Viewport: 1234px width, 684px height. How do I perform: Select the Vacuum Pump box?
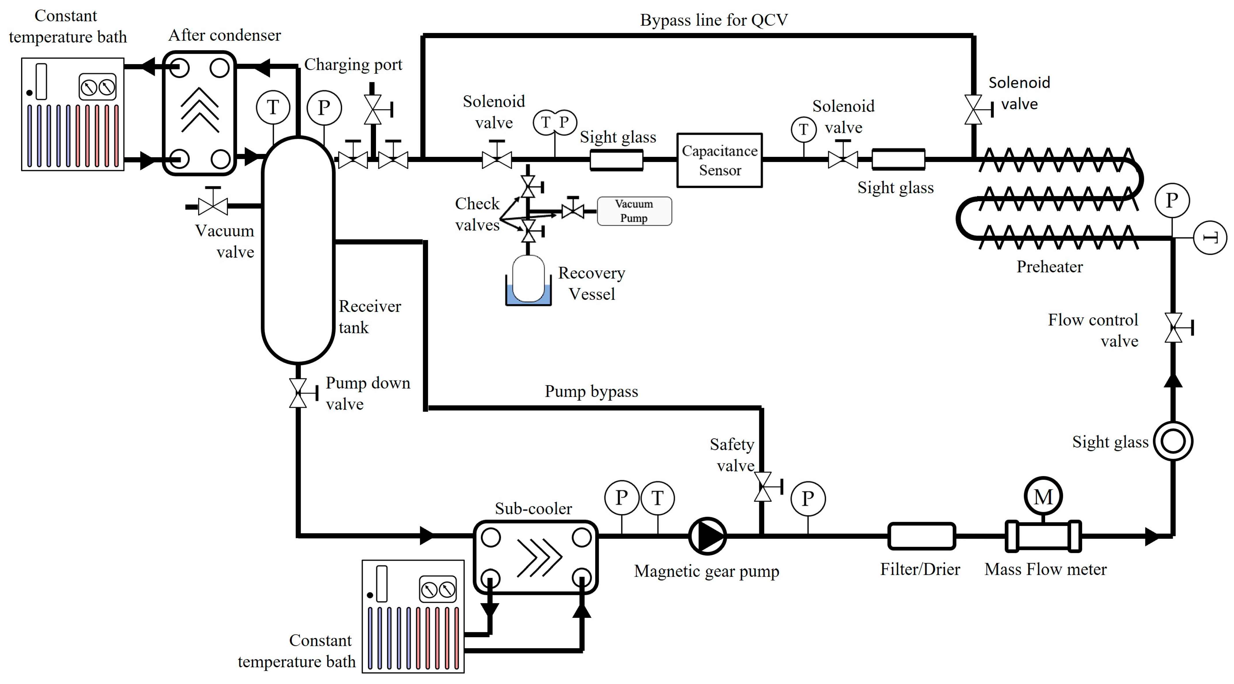tap(634, 211)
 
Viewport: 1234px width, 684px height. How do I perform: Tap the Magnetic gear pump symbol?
tap(707, 536)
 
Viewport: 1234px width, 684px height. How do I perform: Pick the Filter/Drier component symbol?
tap(921, 536)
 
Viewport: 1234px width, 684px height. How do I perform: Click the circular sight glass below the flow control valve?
tap(1173, 441)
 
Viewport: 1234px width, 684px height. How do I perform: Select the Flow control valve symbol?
tap(1173, 328)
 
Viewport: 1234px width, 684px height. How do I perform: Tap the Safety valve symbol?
tap(763, 487)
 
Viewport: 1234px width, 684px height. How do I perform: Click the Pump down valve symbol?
tap(298, 393)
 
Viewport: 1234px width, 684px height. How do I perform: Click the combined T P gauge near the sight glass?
tap(555, 123)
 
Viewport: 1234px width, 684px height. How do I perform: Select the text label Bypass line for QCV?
tap(714, 20)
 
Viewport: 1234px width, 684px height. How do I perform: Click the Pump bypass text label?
tap(591, 391)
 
